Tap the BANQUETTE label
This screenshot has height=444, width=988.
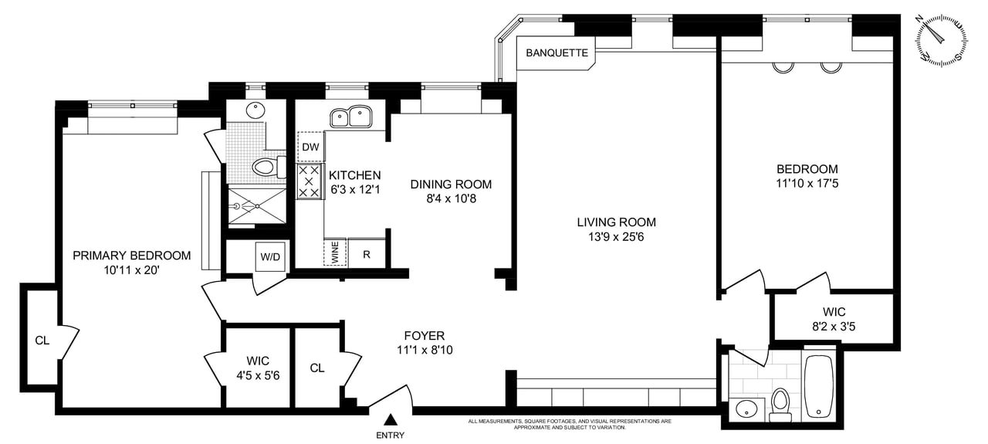coord(557,53)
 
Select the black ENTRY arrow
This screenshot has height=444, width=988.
coord(391,420)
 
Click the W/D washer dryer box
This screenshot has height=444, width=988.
coord(271,256)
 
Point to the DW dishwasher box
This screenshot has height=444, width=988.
coord(310,147)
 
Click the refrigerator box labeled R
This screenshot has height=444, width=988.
coord(367,253)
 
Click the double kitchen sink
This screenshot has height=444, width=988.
coord(351,117)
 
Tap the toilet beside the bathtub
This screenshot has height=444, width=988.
coord(780,403)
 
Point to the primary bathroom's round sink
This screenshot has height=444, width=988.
coord(256,111)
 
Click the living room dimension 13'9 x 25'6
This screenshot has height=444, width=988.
coord(616,237)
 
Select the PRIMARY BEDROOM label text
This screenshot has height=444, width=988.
coord(131,256)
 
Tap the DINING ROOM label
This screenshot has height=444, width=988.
coord(451,185)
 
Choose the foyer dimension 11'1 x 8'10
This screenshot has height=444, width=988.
coord(424,350)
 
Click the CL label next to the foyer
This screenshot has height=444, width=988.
coord(317,368)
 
